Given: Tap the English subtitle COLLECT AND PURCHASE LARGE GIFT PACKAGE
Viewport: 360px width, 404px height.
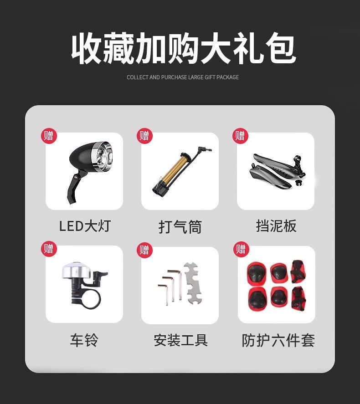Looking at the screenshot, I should (x=183, y=77).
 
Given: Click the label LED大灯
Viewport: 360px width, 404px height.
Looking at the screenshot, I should (x=85, y=225).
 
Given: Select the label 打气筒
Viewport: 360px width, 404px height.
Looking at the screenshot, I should (x=180, y=226).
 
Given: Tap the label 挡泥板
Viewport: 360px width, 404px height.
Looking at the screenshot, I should (x=276, y=225).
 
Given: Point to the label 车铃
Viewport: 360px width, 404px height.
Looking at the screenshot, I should (x=84, y=340).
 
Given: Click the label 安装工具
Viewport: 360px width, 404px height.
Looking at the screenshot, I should (x=180, y=340).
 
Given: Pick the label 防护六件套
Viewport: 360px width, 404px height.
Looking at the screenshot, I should (x=278, y=340).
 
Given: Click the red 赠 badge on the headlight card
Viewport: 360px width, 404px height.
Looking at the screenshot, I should (x=49, y=136).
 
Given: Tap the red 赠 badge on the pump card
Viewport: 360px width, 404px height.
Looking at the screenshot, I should (x=144, y=136).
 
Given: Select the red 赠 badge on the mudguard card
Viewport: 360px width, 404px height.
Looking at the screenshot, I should (x=240, y=136).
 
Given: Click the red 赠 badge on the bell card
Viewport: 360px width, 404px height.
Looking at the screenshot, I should (x=49, y=249).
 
